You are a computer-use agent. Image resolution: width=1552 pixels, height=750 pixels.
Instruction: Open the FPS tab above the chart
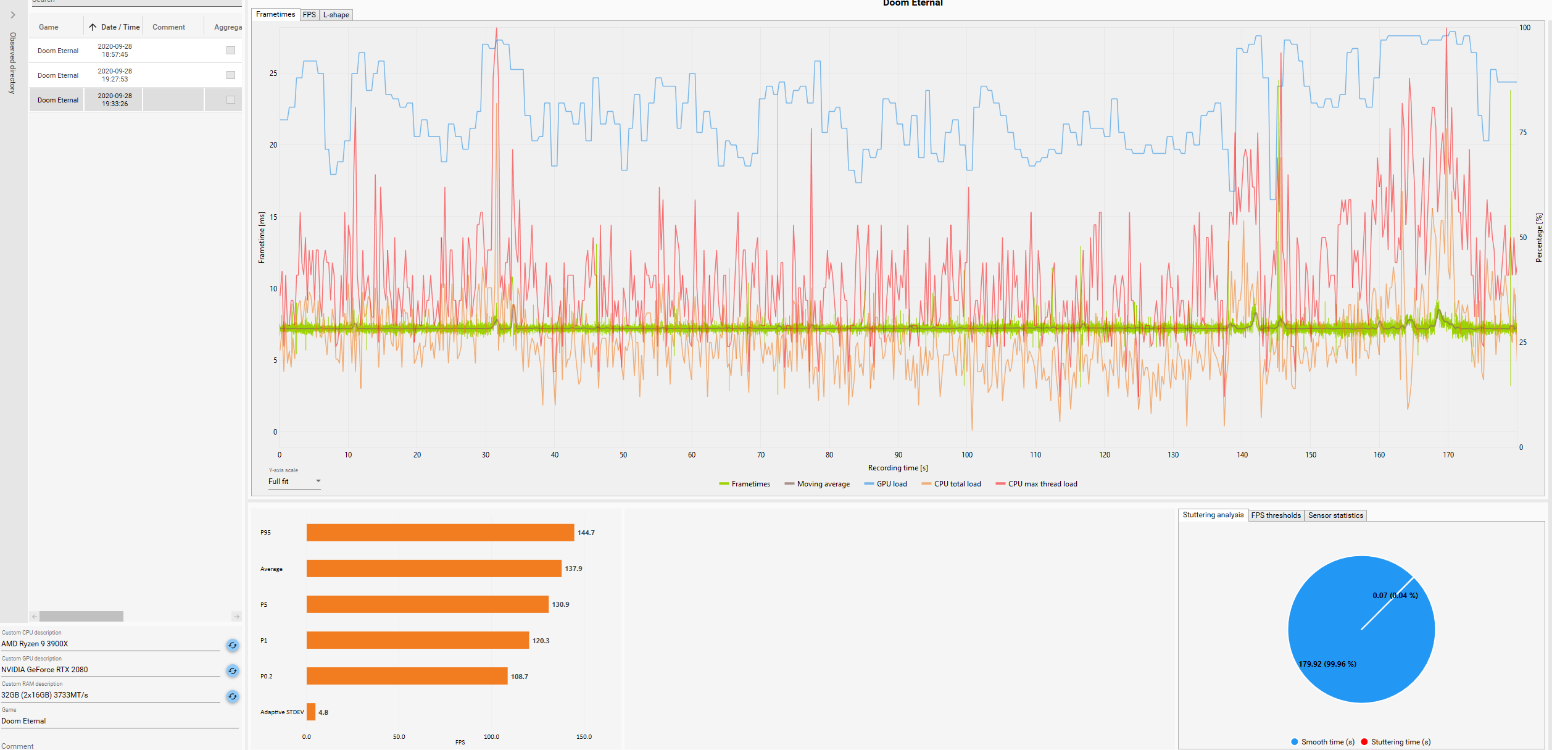[x=309, y=15]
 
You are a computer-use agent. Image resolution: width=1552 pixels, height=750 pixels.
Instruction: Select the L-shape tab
[x=336, y=15]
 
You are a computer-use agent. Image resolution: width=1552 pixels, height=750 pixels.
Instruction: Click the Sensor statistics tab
[x=1335, y=515]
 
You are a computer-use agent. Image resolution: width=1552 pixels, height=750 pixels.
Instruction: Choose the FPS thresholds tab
[x=1276, y=515]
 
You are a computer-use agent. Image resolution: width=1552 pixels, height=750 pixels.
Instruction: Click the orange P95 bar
[x=440, y=533]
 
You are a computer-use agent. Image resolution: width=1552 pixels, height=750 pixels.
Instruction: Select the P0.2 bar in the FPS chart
[x=407, y=676]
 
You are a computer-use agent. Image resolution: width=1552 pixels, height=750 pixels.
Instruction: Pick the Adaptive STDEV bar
[x=311, y=712]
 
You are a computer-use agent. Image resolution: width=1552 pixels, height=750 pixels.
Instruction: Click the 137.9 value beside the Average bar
[x=573, y=569]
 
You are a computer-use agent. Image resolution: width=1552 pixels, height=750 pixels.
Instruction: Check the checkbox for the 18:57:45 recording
[x=231, y=51]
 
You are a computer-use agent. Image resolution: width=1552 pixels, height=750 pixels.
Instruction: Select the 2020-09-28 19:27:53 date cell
[x=115, y=75]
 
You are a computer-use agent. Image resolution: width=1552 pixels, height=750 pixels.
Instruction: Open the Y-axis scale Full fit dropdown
[x=294, y=481]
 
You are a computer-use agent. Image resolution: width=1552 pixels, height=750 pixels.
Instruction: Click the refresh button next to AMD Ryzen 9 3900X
[x=233, y=645]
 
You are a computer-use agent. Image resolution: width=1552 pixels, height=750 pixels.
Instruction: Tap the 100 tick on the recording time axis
[x=967, y=455]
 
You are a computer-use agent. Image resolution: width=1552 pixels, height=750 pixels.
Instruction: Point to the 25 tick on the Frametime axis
[x=273, y=73]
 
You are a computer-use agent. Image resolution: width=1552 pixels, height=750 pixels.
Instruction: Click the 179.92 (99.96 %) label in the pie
[x=1327, y=664]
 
